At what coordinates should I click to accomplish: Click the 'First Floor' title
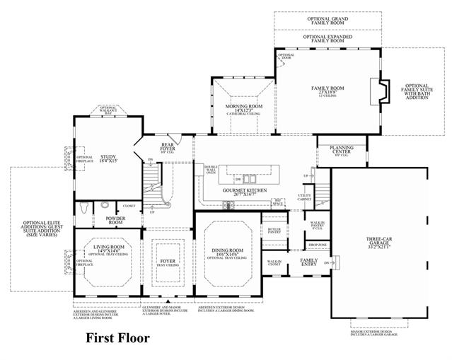(x=117, y=337)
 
